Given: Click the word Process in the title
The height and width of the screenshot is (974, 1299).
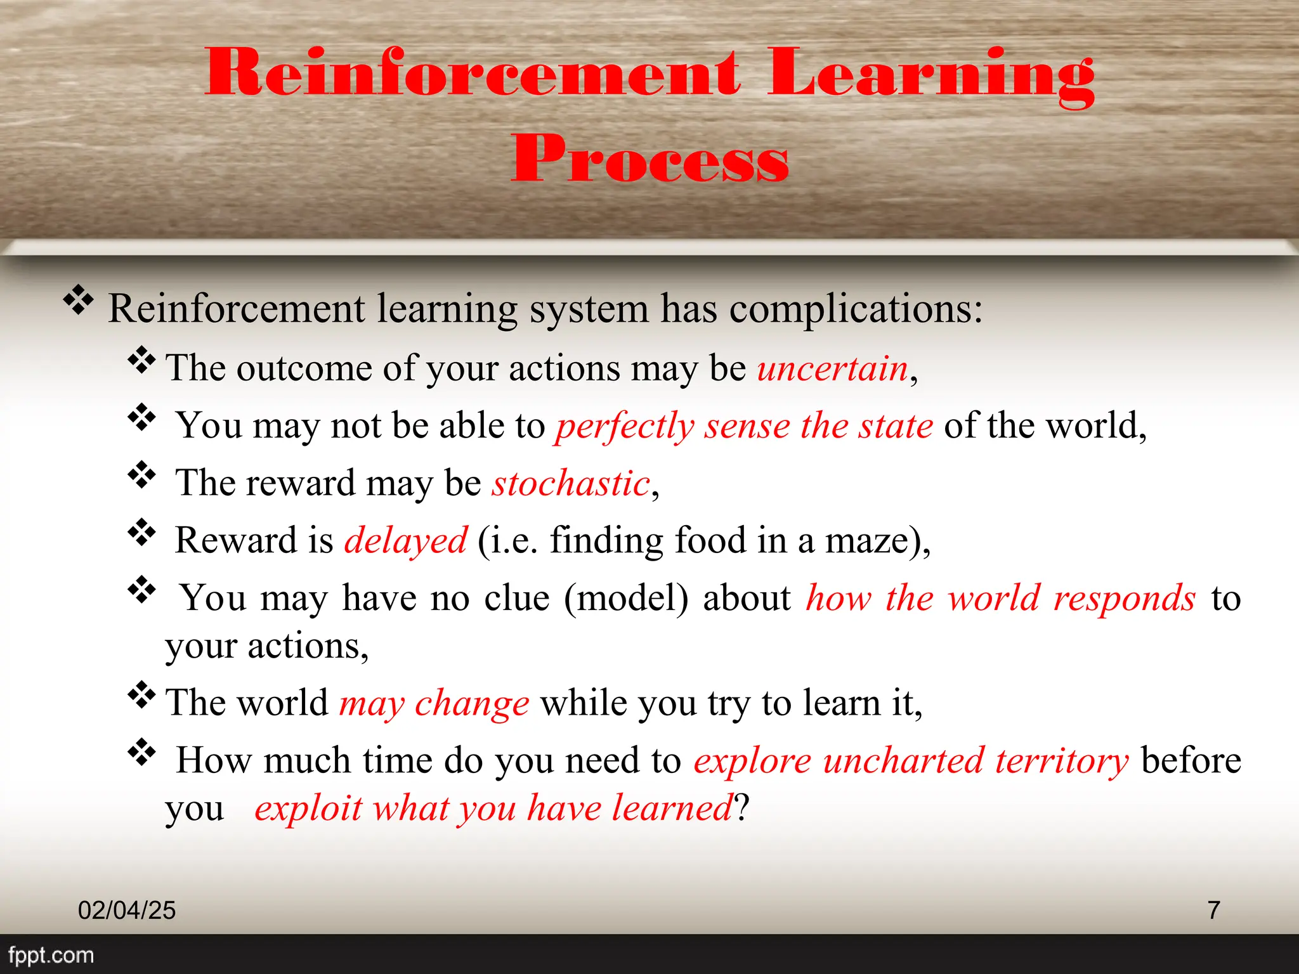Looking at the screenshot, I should click(x=649, y=159).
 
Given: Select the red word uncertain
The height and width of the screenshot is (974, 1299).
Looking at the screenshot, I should click(x=832, y=368).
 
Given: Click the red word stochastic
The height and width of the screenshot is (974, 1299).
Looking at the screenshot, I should click(x=571, y=484).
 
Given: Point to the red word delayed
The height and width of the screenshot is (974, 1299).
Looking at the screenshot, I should click(x=405, y=541).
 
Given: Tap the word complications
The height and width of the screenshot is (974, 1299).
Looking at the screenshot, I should click(x=855, y=309).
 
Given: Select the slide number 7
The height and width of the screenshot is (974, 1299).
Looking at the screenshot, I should click(x=1213, y=910).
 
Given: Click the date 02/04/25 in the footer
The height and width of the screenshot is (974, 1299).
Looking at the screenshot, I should click(x=127, y=911).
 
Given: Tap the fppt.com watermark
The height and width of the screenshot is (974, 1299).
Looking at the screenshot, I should click(x=51, y=955).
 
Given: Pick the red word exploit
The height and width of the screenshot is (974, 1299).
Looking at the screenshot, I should click(x=308, y=808).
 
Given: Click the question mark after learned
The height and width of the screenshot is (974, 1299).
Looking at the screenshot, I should click(x=742, y=808).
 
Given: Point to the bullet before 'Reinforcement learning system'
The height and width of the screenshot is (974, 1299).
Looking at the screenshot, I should click(x=78, y=300).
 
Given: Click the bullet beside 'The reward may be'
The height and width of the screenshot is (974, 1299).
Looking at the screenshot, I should click(x=142, y=475).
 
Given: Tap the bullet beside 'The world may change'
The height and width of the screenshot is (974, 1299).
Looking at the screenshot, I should click(x=142, y=696).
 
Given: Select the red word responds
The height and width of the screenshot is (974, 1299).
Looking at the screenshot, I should click(x=1124, y=599).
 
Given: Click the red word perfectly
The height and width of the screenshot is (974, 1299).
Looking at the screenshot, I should click(x=625, y=426).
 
